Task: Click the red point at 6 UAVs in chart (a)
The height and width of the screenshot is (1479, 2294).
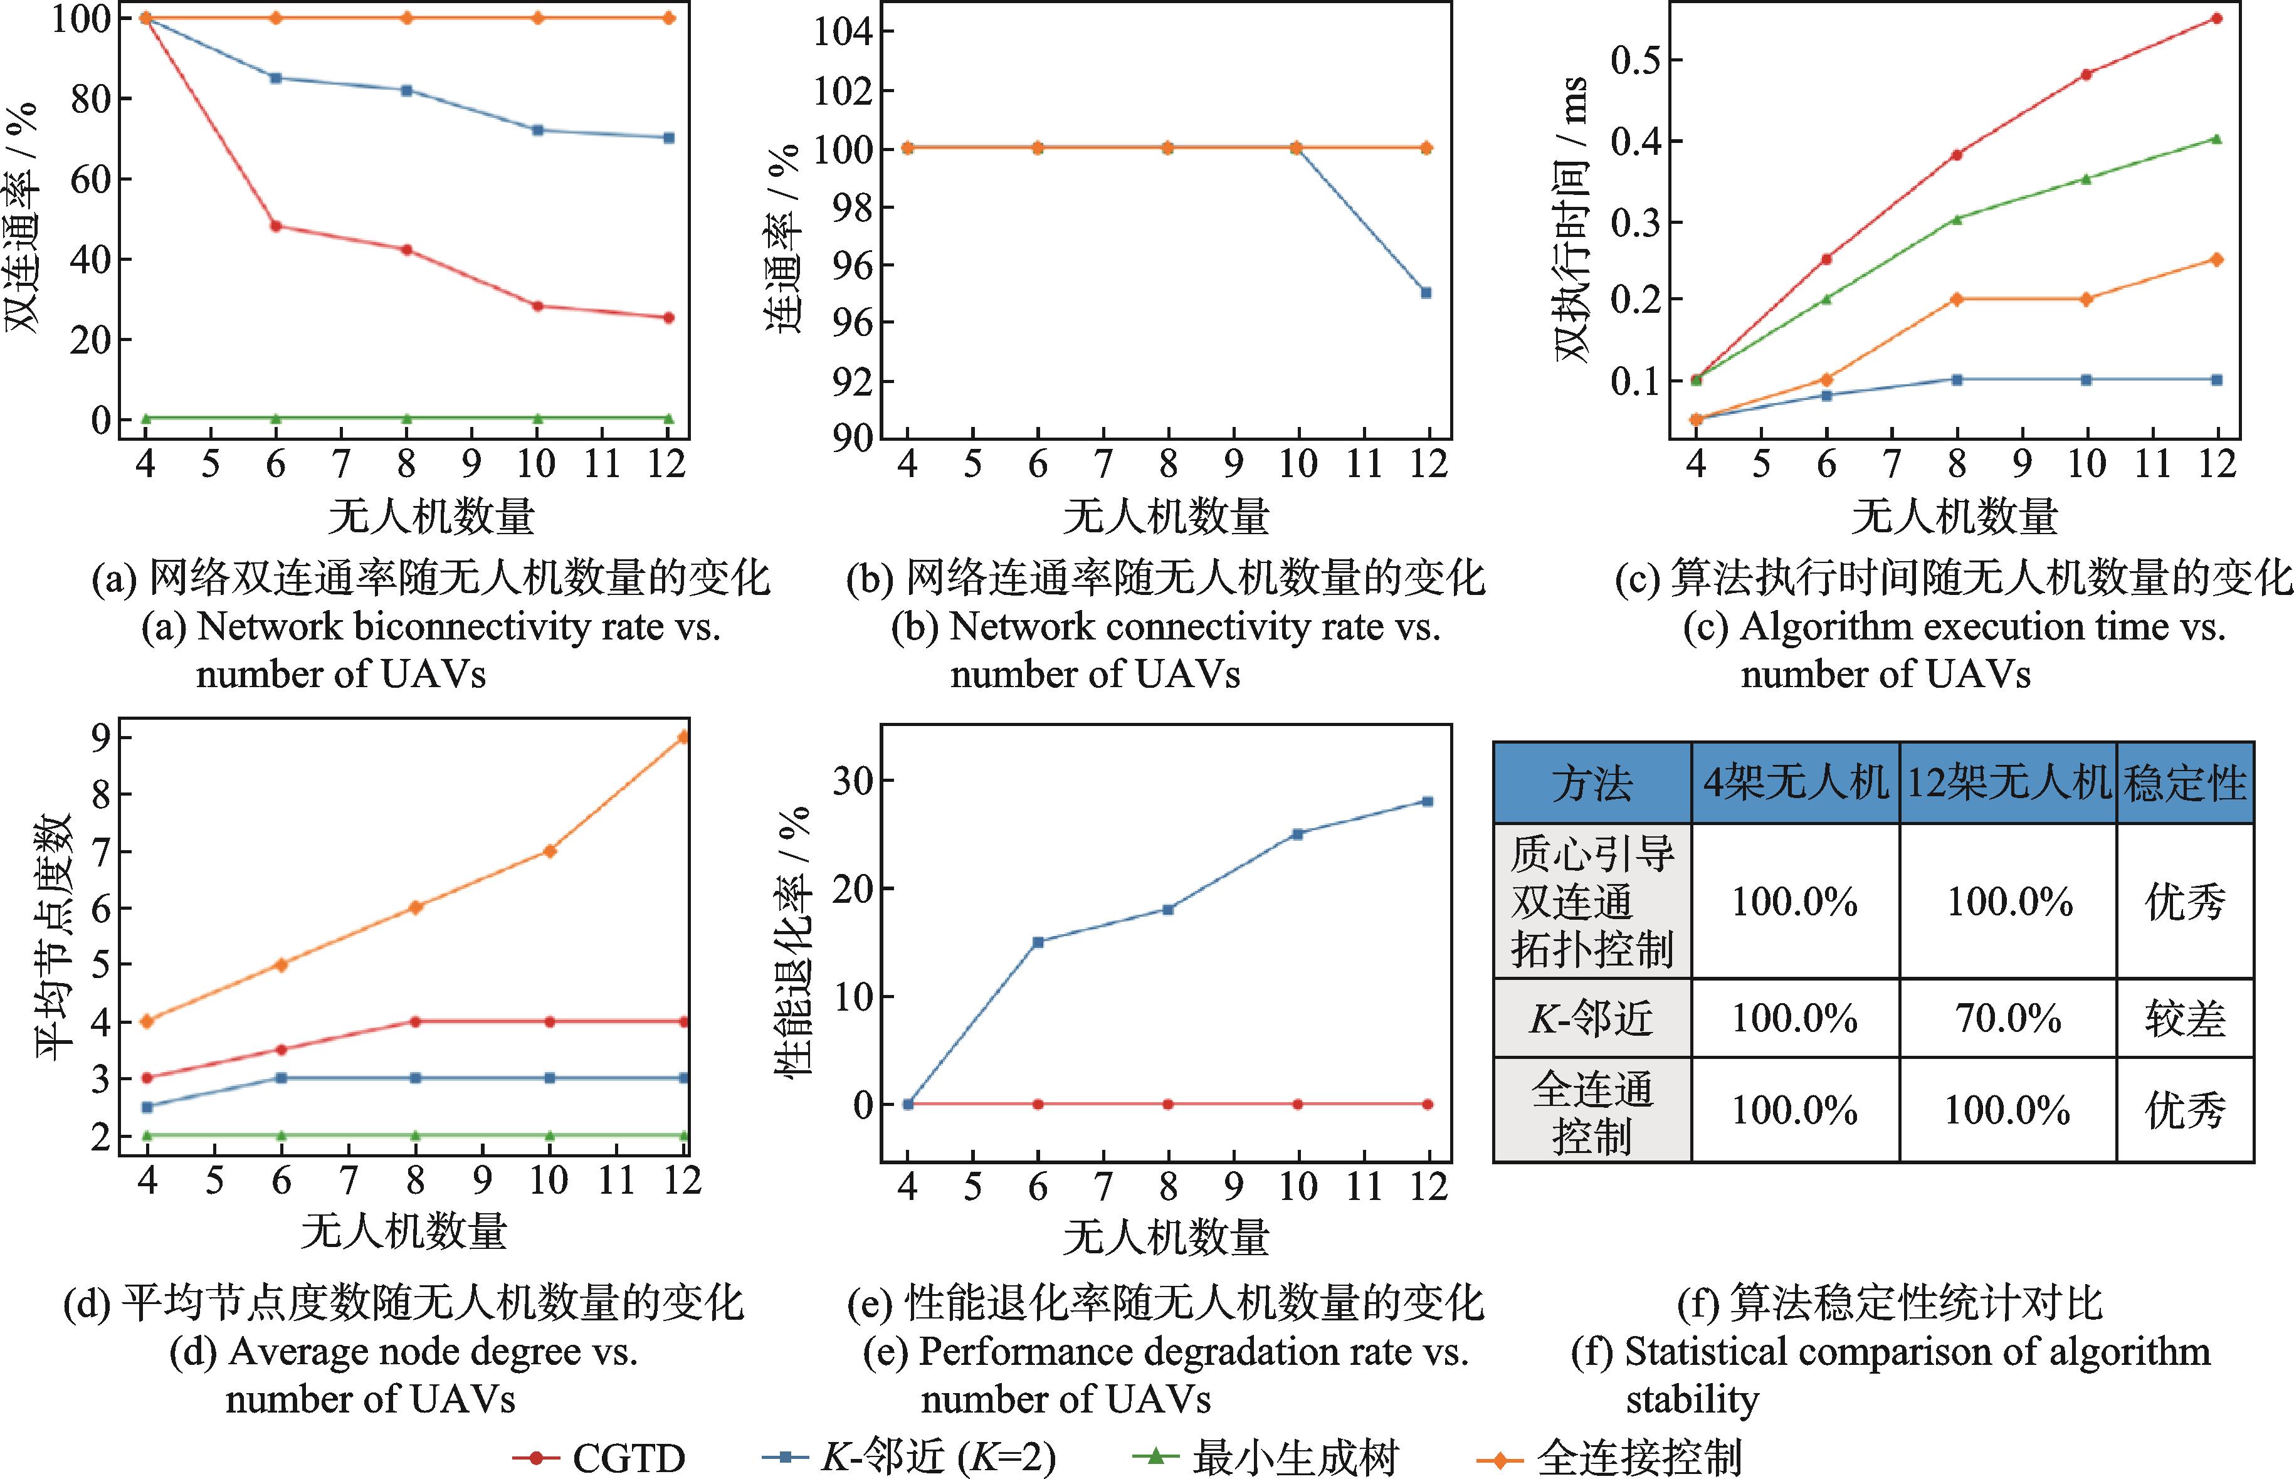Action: point(276,226)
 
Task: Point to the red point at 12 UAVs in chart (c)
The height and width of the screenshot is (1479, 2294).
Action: point(2217,18)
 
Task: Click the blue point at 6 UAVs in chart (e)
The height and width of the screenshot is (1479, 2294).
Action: point(1038,941)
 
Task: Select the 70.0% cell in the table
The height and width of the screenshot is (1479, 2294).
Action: point(2008,1018)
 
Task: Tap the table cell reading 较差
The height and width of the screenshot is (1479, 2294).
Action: point(2184,1018)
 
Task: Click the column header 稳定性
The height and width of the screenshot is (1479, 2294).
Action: point(2184,782)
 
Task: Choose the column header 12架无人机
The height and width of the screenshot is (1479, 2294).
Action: point(2008,782)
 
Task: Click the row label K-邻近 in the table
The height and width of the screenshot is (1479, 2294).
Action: point(1591,1018)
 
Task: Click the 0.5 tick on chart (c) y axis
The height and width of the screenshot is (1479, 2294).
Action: point(1635,60)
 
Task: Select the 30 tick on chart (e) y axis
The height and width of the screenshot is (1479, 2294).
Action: point(852,780)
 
